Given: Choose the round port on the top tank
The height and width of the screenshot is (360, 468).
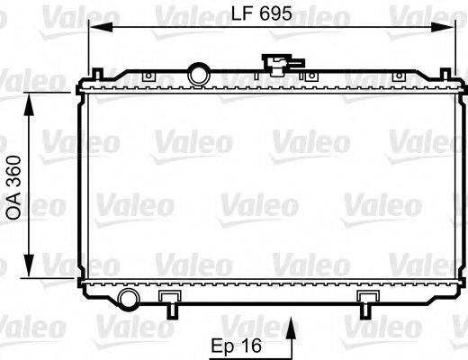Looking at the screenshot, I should (197, 72).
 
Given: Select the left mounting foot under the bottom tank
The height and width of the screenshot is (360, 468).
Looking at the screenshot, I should (169, 302).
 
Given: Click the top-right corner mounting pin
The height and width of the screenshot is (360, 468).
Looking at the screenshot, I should (447, 69).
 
